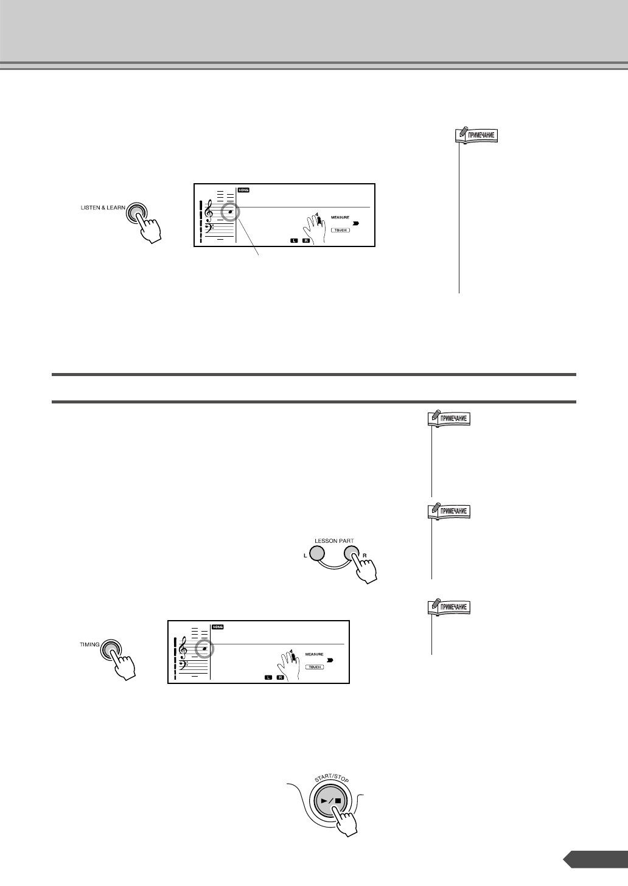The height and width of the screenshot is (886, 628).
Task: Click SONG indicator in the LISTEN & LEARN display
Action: [x=243, y=190]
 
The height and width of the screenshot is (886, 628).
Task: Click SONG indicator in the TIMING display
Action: [x=217, y=627]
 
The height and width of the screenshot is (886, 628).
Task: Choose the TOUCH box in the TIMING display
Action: [x=315, y=667]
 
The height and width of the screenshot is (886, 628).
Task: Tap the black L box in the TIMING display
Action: [x=268, y=677]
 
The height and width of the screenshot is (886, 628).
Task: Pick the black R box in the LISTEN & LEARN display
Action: [x=305, y=241]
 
